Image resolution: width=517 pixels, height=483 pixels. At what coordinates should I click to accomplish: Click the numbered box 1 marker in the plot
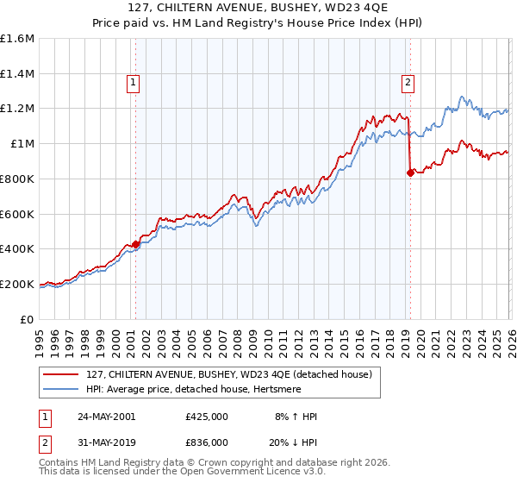coord(135,83)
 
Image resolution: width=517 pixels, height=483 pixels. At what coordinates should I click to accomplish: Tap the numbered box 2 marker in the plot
coord(408,83)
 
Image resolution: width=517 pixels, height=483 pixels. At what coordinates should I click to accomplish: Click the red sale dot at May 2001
coord(136,244)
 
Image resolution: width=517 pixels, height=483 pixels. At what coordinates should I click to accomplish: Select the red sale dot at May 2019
coord(409,172)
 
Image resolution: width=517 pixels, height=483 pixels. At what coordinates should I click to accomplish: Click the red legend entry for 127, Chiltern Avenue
coord(228,374)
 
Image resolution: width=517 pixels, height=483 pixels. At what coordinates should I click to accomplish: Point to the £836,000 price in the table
coord(206,442)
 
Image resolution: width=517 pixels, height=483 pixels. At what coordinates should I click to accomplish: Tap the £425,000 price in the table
coord(206,417)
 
